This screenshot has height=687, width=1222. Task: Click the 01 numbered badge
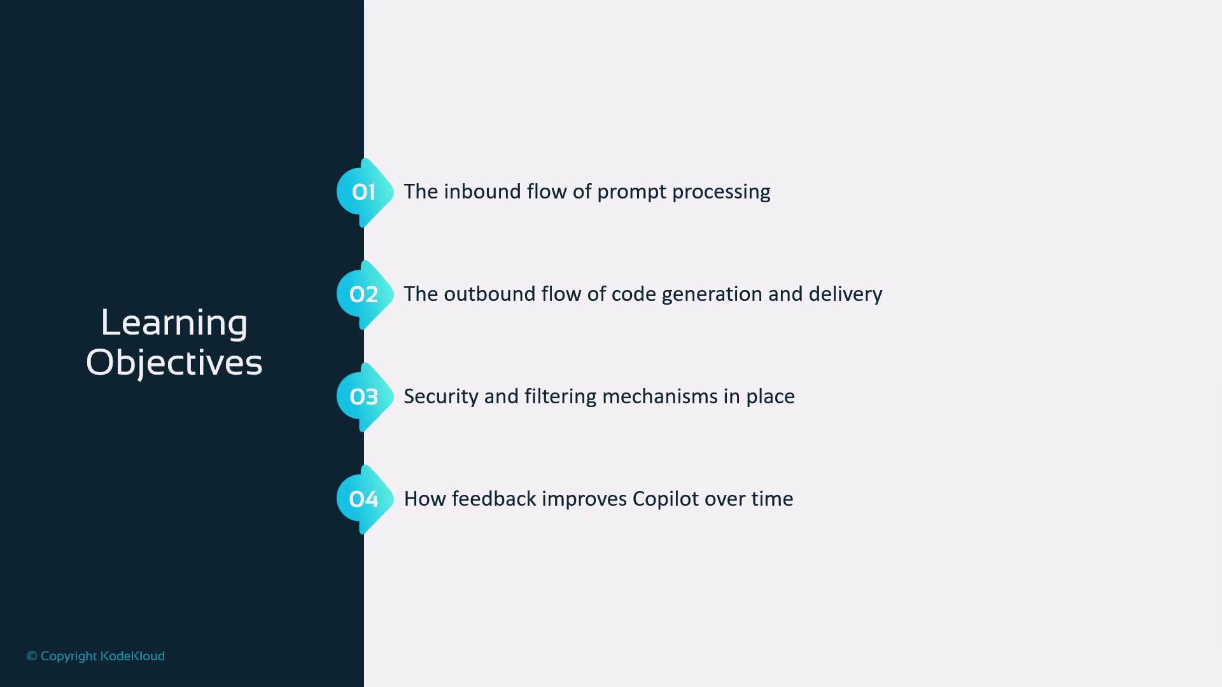tap(365, 192)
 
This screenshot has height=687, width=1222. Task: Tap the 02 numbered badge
tap(365, 295)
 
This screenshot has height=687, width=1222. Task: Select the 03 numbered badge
tap(365, 397)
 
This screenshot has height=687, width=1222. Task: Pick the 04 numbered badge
tap(365, 499)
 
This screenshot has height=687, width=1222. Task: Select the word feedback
tap(494, 499)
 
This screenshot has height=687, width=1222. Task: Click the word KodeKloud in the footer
tap(132, 656)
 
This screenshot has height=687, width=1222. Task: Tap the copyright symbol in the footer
tap(32, 656)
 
